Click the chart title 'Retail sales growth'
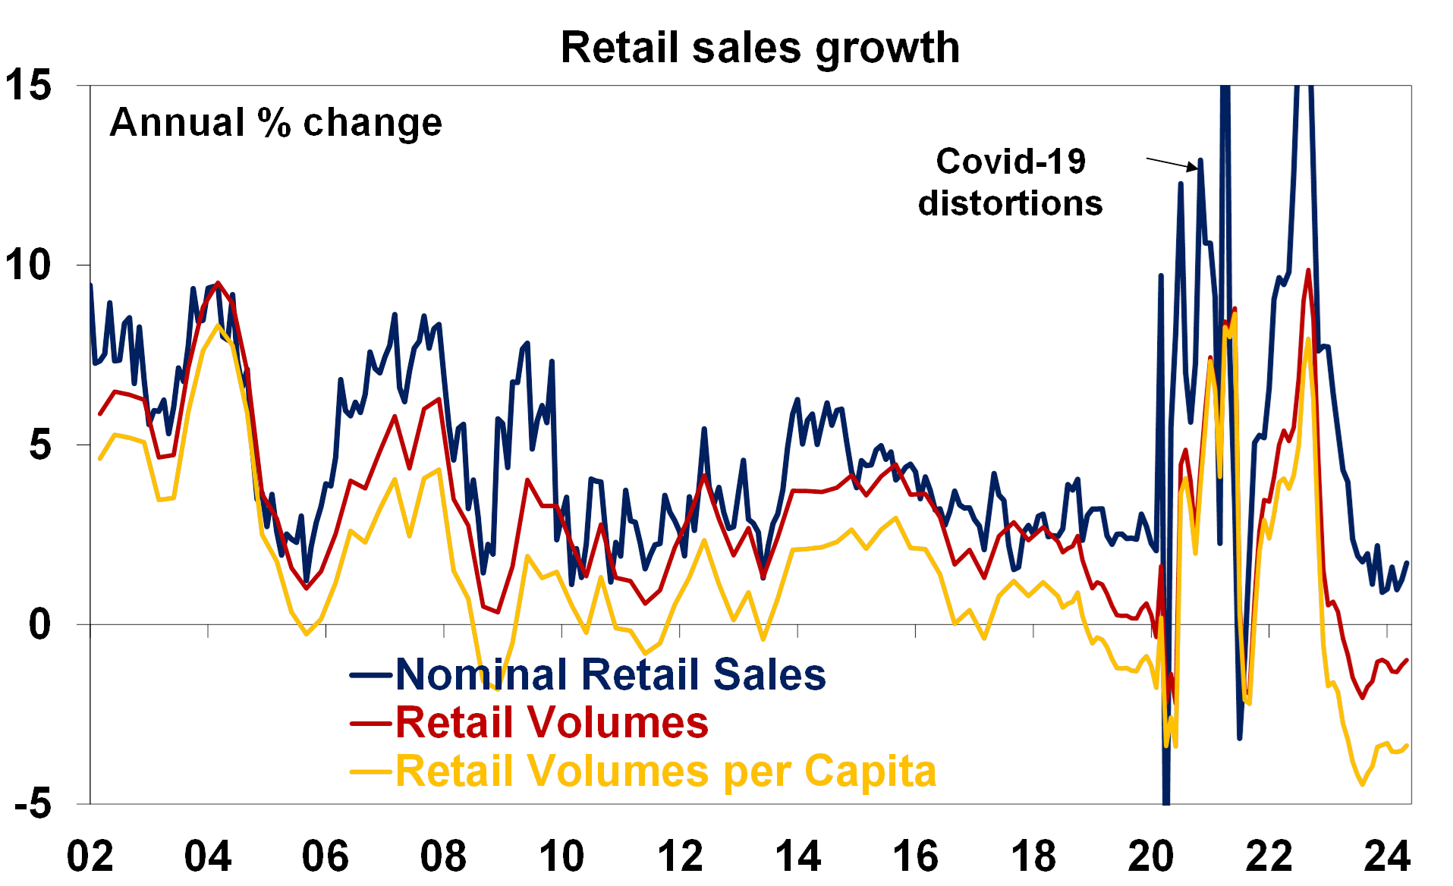(760, 48)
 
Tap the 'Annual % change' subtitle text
(276, 123)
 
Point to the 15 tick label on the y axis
(29, 85)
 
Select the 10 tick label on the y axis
(29, 265)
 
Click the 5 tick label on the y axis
(39, 445)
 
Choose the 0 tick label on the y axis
(39, 624)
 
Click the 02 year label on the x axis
(90, 856)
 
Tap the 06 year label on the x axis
(326, 856)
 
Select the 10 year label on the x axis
(562, 856)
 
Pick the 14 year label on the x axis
(798, 856)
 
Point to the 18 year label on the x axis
(1033, 856)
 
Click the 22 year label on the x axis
(1269, 856)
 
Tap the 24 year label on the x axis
(1387, 856)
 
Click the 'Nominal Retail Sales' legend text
(611, 674)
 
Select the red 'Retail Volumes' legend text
(552, 722)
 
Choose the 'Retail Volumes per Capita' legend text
(666, 771)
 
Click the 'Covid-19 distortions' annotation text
(1011, 182)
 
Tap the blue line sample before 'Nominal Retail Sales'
(372, 675)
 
